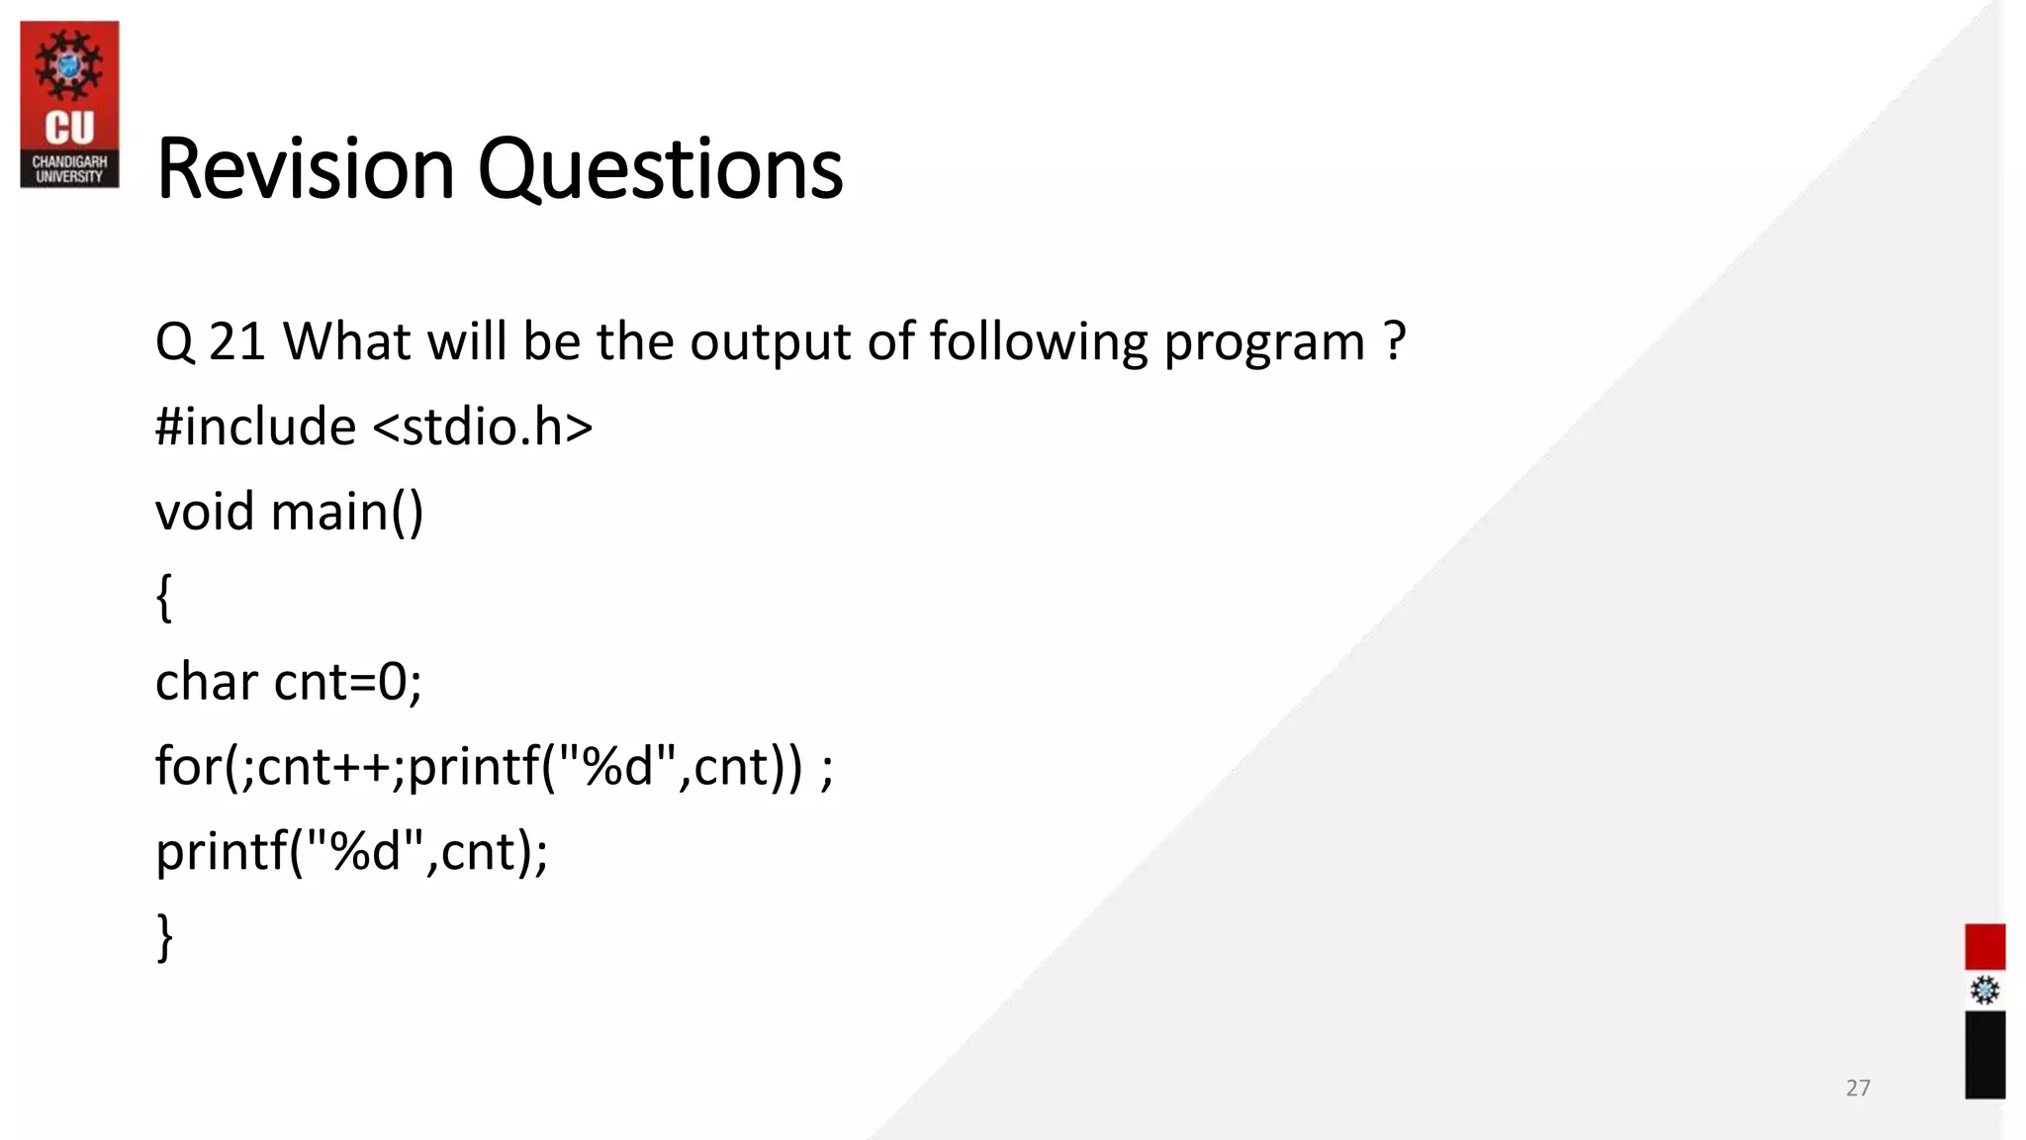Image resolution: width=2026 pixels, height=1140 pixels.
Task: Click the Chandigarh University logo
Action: click(69, 105)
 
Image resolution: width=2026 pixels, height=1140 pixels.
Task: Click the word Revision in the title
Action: click(305, 169)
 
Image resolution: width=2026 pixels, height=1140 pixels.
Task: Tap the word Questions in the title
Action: click(660, 169)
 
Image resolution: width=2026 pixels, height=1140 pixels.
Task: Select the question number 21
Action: click(236, 342)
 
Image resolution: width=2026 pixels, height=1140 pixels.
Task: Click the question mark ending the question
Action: click(1395, 341)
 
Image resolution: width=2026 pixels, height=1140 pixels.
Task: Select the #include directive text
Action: click(255, 427)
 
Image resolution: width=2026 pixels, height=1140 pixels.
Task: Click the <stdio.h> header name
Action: click(483, 427)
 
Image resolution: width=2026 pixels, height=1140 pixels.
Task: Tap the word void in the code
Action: click(205, 513)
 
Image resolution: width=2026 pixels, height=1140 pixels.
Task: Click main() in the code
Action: click(346, 513)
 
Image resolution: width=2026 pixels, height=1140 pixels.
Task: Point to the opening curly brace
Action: click(164, 598)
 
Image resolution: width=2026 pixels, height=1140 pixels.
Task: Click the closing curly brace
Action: click(165, 936)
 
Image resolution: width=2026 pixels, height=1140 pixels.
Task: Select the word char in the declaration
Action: click(206, 682)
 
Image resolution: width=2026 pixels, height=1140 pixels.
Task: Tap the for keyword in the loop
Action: click(189, 766)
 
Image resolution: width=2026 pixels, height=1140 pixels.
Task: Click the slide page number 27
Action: click(1858, 1088)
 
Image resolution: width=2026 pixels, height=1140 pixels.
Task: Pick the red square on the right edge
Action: click(1984, 947)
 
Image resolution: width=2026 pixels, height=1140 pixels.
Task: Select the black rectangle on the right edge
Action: click(1984, 1054)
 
